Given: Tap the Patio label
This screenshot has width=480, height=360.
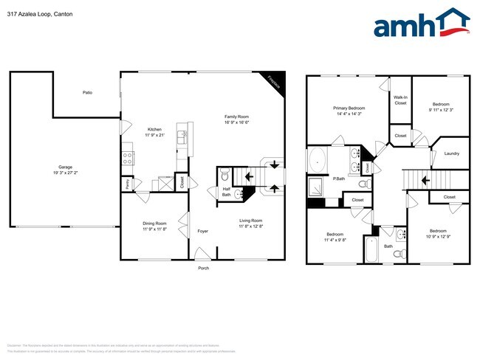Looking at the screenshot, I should point(87,93).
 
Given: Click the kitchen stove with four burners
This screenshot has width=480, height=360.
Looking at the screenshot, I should point(126,157).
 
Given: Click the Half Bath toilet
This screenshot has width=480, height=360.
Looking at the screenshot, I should point(225,176).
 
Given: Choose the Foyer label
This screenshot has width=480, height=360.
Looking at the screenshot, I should point(202,232).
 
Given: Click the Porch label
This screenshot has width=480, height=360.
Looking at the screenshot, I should point(203,268).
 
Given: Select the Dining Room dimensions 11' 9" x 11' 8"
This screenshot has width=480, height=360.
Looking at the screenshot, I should point(154,229).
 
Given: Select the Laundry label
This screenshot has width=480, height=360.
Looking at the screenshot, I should point(451,153).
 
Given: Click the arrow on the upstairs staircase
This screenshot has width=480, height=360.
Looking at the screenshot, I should point(425,179).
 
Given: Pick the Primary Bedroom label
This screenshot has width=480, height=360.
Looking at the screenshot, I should point(350,108).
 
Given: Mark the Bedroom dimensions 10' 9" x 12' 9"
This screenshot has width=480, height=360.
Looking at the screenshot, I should point(439,236).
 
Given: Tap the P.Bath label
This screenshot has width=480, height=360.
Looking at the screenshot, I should point(340,179).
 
